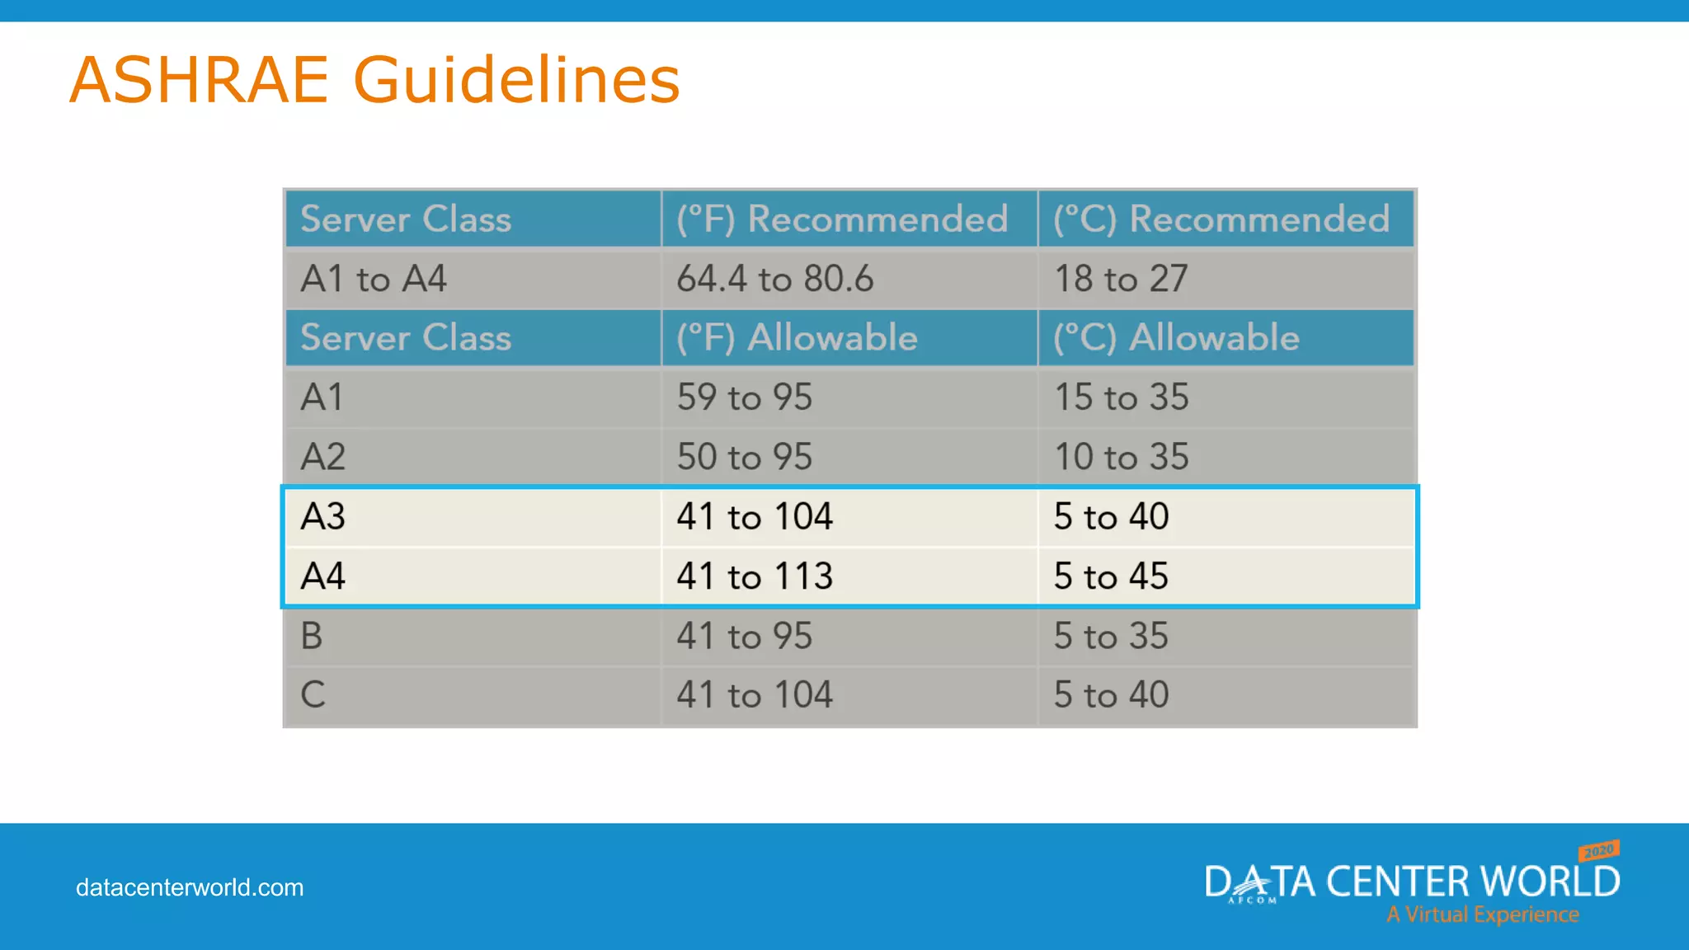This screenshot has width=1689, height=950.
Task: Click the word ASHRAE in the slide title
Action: click(200, 80)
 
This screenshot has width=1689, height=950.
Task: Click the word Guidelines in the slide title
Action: click(516, 80)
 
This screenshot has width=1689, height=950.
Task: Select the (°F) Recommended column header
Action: click(842, 219)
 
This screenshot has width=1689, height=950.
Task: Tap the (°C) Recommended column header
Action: click(1221, 219)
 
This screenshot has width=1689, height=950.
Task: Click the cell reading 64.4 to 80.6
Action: click(774, 279)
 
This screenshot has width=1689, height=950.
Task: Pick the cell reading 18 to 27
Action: click(1121, 279)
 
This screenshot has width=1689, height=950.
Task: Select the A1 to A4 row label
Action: click(374, 279)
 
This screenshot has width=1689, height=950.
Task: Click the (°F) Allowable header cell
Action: click(797, 338)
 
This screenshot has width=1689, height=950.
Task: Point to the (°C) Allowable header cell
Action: click(1176, 338)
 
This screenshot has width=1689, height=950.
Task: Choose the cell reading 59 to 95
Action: click(745, 397)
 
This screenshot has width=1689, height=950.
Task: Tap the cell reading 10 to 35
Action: click(1122, 457)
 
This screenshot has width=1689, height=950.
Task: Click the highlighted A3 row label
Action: click(323, 517)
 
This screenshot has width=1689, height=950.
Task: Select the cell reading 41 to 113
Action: click(755, 576)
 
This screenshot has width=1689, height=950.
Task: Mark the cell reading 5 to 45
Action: click(1111, 576)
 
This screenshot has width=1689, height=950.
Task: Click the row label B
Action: click(312, 636)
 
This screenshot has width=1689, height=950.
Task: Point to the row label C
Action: click(313, 695)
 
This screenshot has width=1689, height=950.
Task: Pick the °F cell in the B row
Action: click(745, 636)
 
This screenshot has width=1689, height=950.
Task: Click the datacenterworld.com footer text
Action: click(190, 887)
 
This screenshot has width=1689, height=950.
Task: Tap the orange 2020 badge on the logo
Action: click(1599, 850)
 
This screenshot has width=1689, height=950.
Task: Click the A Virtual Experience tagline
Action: click(1482, 915)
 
